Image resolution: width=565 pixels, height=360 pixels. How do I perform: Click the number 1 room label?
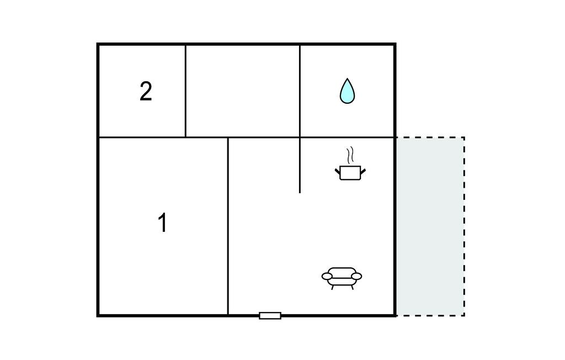pos(163,223)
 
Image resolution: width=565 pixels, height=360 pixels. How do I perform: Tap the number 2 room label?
pos(146,91)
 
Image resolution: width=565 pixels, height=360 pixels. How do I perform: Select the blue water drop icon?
pos(347,91)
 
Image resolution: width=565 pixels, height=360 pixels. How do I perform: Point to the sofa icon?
pos(342,278)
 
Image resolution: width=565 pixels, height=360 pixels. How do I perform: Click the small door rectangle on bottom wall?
pos(270,316)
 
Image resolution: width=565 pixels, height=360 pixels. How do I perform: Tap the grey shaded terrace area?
pos(430,226)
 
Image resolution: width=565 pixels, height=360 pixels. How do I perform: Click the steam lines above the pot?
pos(350,156)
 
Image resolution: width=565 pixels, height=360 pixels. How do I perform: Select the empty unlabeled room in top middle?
pos(243,91)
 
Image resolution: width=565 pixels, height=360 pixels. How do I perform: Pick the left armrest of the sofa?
pos(327,276)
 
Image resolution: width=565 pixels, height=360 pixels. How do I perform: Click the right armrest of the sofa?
pos(356,276)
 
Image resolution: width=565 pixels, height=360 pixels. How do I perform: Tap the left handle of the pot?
pos(337,171)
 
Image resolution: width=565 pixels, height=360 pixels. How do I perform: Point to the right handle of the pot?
pos(363,171)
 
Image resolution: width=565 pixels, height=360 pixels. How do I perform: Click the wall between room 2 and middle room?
pos(185,91)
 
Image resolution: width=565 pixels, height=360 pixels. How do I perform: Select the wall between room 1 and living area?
pos(228,226)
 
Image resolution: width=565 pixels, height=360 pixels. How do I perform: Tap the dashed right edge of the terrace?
pos(464,226)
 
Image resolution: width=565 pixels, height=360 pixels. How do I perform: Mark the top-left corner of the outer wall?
pos(98,44)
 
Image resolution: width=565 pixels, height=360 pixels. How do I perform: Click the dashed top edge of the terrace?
pos(430,137)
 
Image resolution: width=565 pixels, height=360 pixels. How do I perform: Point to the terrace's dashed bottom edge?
pos(430,316)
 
